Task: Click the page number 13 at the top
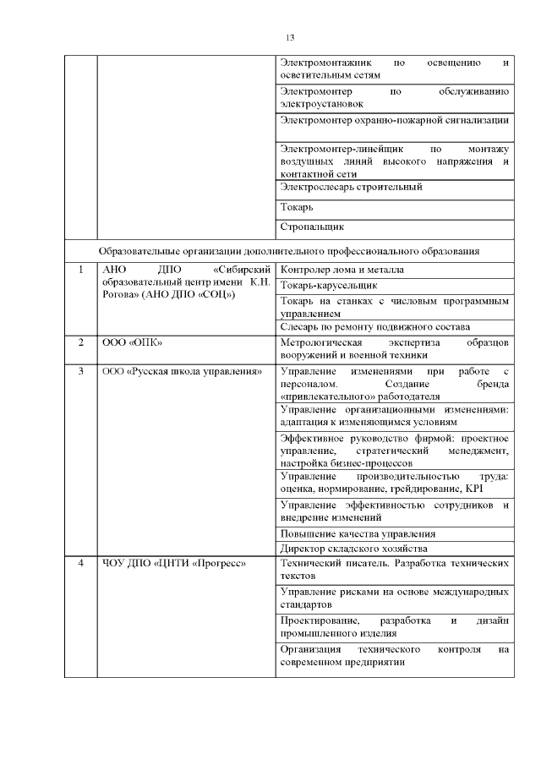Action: pos(290,37)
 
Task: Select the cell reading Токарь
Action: pos(297,207)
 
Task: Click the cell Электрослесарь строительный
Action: pos(351,187)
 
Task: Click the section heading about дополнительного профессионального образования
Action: pos(289,251)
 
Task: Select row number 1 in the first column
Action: pos(80,270)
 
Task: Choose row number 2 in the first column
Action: pos(80,342)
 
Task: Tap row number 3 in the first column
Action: pos(80,371)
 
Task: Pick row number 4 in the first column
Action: pos(80,564)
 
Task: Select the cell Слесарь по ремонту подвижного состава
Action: pos(374,327)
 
